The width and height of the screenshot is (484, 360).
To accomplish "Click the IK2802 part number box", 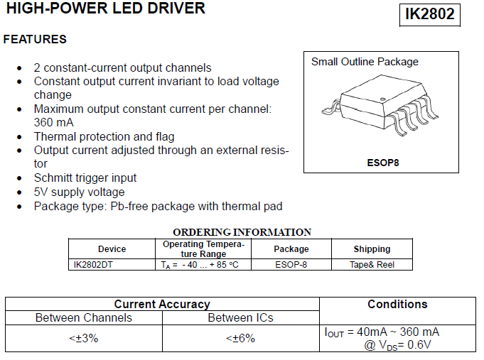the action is tap(430, 15).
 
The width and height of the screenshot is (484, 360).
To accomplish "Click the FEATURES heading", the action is tap(35, 40).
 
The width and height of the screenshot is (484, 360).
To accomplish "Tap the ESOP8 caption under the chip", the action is tap(383, 163).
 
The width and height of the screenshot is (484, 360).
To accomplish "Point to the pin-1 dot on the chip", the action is tap(383, 99).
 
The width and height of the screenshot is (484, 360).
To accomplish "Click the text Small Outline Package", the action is tap(365, 62).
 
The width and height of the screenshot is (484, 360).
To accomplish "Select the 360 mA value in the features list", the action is tap(54, 122).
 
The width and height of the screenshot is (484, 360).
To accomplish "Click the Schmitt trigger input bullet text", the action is tap(85, 178).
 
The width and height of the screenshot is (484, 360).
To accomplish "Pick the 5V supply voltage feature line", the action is tap(80, 192).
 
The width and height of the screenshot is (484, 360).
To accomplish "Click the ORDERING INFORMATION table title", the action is tap(242, 232).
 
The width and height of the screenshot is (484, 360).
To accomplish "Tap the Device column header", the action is tap(112, 249).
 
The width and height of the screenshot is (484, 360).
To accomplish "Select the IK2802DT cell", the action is tap(93, 265).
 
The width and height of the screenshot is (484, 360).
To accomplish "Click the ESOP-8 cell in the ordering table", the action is tap(291, 265).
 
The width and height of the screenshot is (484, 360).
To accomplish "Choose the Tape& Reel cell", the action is tap(372, 265).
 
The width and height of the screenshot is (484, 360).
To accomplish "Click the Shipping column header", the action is tap(372, 249).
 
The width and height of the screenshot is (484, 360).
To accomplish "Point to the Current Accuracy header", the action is tap(162, 304).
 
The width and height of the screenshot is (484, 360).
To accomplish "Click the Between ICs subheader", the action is tap(240, 317).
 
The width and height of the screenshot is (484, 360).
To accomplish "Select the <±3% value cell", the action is tap(84, 339).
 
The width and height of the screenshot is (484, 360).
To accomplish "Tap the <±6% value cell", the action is tap(240, 339).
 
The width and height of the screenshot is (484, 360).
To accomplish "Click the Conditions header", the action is tap(397, 304).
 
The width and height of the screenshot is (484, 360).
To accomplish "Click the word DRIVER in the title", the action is tap(176, 8).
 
